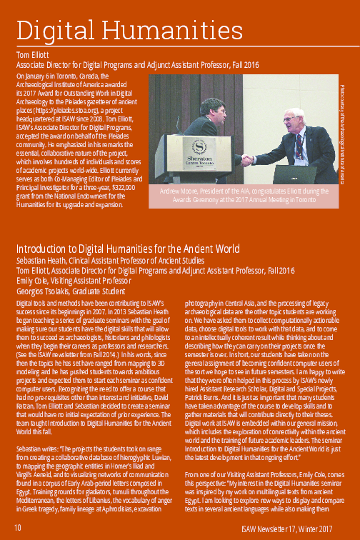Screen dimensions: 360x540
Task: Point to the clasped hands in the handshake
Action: [x=247, y=160]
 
